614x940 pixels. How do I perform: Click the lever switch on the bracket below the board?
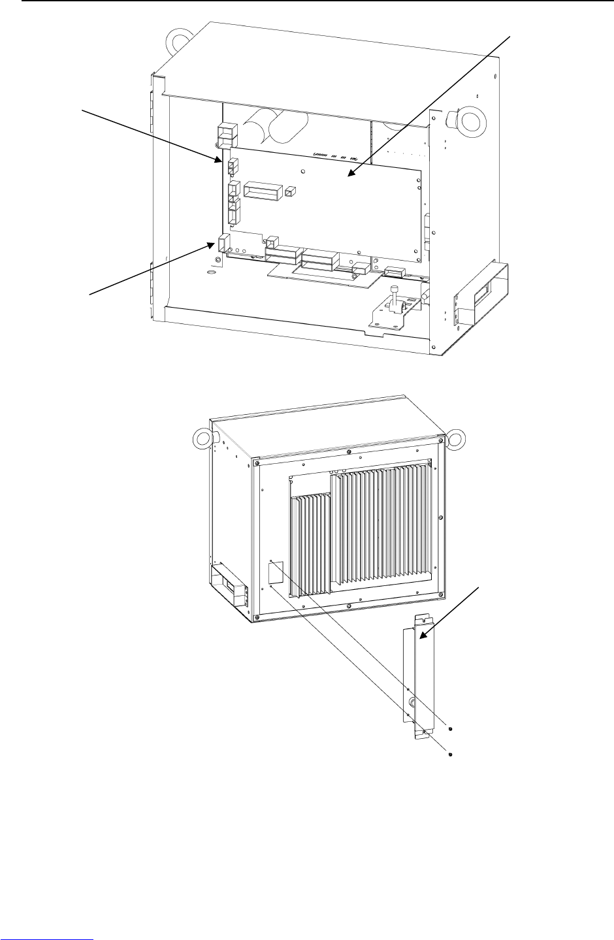tap(395, 297)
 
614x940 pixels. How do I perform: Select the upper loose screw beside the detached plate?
tap(451, 728)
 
